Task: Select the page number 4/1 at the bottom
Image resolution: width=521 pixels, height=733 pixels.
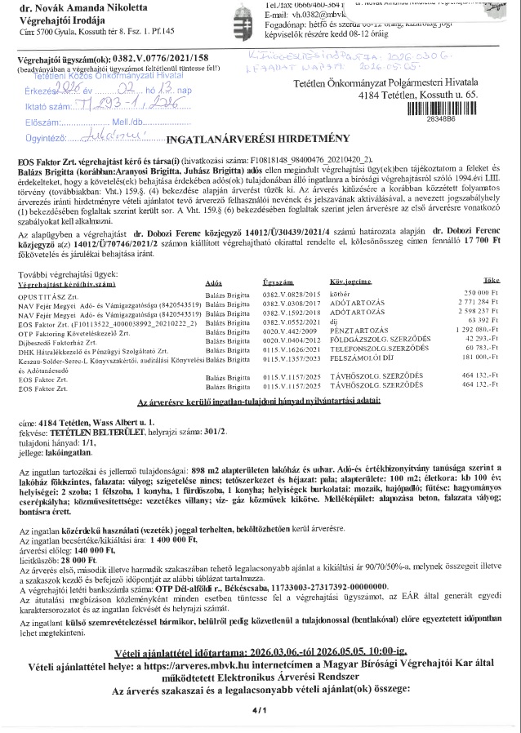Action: click(260, 711)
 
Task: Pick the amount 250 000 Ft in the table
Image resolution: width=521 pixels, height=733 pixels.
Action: click(479, 293)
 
